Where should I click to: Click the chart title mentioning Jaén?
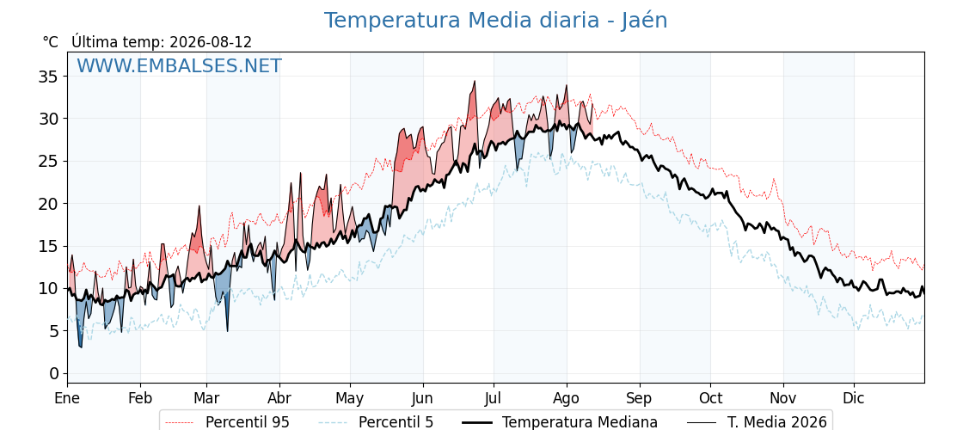pos(495,21)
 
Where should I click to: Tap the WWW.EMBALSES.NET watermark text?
pos(180,65)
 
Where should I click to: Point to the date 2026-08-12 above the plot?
pos(211,42)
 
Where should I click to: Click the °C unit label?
pos(51,42)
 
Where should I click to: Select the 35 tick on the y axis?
pos(47,77)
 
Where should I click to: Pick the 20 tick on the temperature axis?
pos(47,203)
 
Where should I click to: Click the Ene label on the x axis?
pos(68,398)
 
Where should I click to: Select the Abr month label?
pos(279,398)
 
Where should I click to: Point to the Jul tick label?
pos(494,398)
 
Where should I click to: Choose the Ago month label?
pos(567,399)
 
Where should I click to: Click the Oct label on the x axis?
pos(710,398)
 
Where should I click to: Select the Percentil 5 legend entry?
pos(376,422)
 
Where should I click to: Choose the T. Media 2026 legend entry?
pos(757,422)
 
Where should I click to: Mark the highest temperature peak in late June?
pos(475,81)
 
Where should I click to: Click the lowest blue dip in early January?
pos(81,347)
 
